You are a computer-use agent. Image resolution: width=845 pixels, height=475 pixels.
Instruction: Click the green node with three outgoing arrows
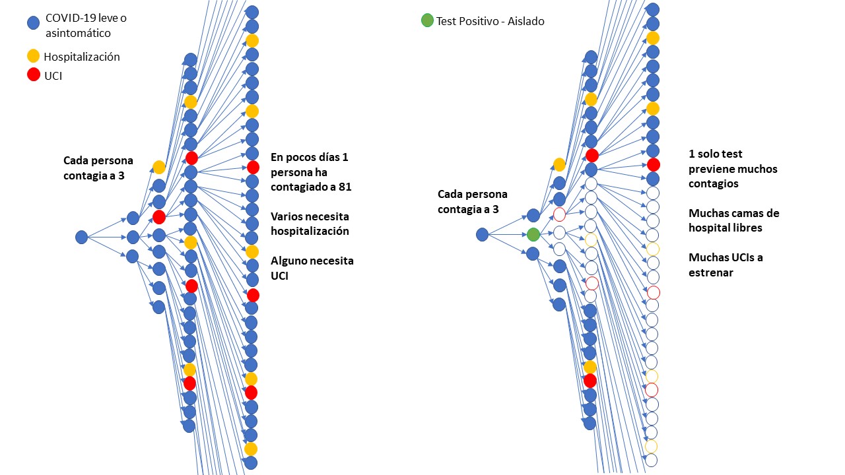pyautogui.click(x=533, y=234)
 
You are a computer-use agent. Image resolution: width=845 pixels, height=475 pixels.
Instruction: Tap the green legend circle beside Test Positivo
pyautogui.click(x=427, y=20)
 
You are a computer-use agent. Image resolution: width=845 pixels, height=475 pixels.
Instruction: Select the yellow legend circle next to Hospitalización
pyautogui.click(x=33, y=56)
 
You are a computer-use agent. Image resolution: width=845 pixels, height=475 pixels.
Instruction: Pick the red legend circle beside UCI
pyautogui.click(x=33, y=75)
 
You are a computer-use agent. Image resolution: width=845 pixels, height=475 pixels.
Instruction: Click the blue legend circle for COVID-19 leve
pyautogui.click(x=33, y=23)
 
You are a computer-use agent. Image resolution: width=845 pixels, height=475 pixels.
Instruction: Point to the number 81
pyautogui.click(x=344, y=187)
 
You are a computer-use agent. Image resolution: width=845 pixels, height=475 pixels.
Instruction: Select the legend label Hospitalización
pyautogui.click(x=82, y=57)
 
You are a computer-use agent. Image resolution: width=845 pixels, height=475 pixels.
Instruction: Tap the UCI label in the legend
pyautogui.click(x=53, y=76)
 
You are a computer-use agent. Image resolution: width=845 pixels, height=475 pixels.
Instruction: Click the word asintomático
pyautogui.click(x=78, y=32)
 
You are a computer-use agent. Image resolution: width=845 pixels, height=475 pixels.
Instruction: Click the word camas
pyautogui.click(x=746, y=213)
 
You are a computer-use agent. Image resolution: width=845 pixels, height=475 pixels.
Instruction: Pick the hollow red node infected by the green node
pyautogui.click(x=559, y=214)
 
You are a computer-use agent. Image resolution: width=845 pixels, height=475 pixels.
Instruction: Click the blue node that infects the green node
pyautogui.click(x=482, y=234)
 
